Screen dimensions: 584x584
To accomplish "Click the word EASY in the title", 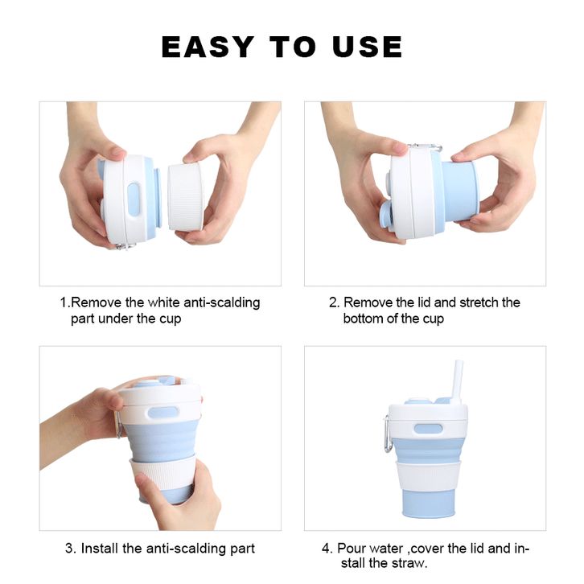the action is [x=208, y=47].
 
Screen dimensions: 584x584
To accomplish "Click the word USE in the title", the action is [x=368, y=47].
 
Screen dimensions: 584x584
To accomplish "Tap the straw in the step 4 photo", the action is [x=457, y=384].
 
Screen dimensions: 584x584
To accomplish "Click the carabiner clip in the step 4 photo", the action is [x=388, y=434].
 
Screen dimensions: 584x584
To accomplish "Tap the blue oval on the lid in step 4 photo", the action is [x=428, y=428].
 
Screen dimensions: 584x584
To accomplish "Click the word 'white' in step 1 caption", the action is [x=164, y=302].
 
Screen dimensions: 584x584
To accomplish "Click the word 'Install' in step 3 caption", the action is [x=100, y=548].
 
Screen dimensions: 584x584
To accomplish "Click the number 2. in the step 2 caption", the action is [x=334, y=302].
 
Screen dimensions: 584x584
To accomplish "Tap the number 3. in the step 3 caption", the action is [x=71, y=549].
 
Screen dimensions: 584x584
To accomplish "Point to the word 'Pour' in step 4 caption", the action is [x=352, y=549].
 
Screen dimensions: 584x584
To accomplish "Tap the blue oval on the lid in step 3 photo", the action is [x=163, y=413].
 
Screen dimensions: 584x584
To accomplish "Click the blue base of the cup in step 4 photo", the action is [x=428, y=504].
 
